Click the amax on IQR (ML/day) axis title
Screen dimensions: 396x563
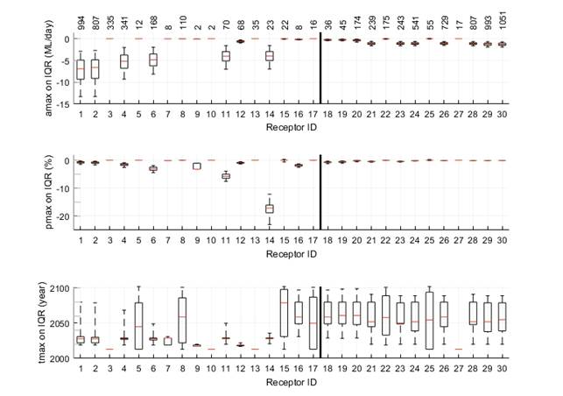click(48, 68)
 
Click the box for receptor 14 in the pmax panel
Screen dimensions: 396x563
click(270, 209)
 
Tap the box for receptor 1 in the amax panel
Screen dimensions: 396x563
click(81, 68)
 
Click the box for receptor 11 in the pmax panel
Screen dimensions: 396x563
click(226, 176)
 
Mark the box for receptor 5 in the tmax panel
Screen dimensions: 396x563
click(138, 326)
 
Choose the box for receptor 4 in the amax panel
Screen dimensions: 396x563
click(123, 61)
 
